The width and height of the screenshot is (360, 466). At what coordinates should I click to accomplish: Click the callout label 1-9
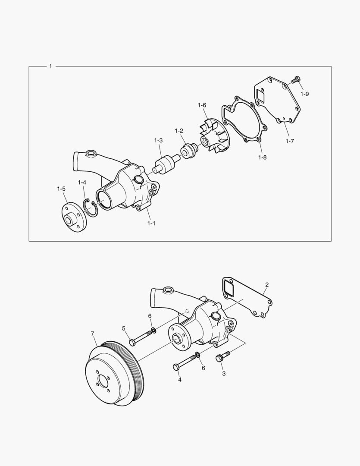pyautogui.click(x=305, y=94)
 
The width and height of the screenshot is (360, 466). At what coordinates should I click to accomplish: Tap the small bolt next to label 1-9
pyautogui.click(x=296, y=79)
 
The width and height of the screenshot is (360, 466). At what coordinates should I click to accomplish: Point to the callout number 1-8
pyautogui.click(x=262, y=157)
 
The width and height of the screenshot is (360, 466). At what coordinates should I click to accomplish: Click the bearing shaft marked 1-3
pyautogui.click(x=165, y=163)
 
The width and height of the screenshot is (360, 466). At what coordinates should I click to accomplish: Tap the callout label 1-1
pyautogui.click(x=151, y=223)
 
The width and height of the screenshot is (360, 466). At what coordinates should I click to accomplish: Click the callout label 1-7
pyautogui.click(x=290, y=141)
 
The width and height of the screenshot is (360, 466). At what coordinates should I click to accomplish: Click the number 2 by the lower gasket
pyautogui.click(x=267, y=285)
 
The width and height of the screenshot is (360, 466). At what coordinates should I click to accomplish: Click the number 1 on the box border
pyautogui.click(x=51, y=66)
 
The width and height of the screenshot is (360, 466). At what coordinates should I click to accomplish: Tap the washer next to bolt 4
pyautogui.click(x=197, y=355)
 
